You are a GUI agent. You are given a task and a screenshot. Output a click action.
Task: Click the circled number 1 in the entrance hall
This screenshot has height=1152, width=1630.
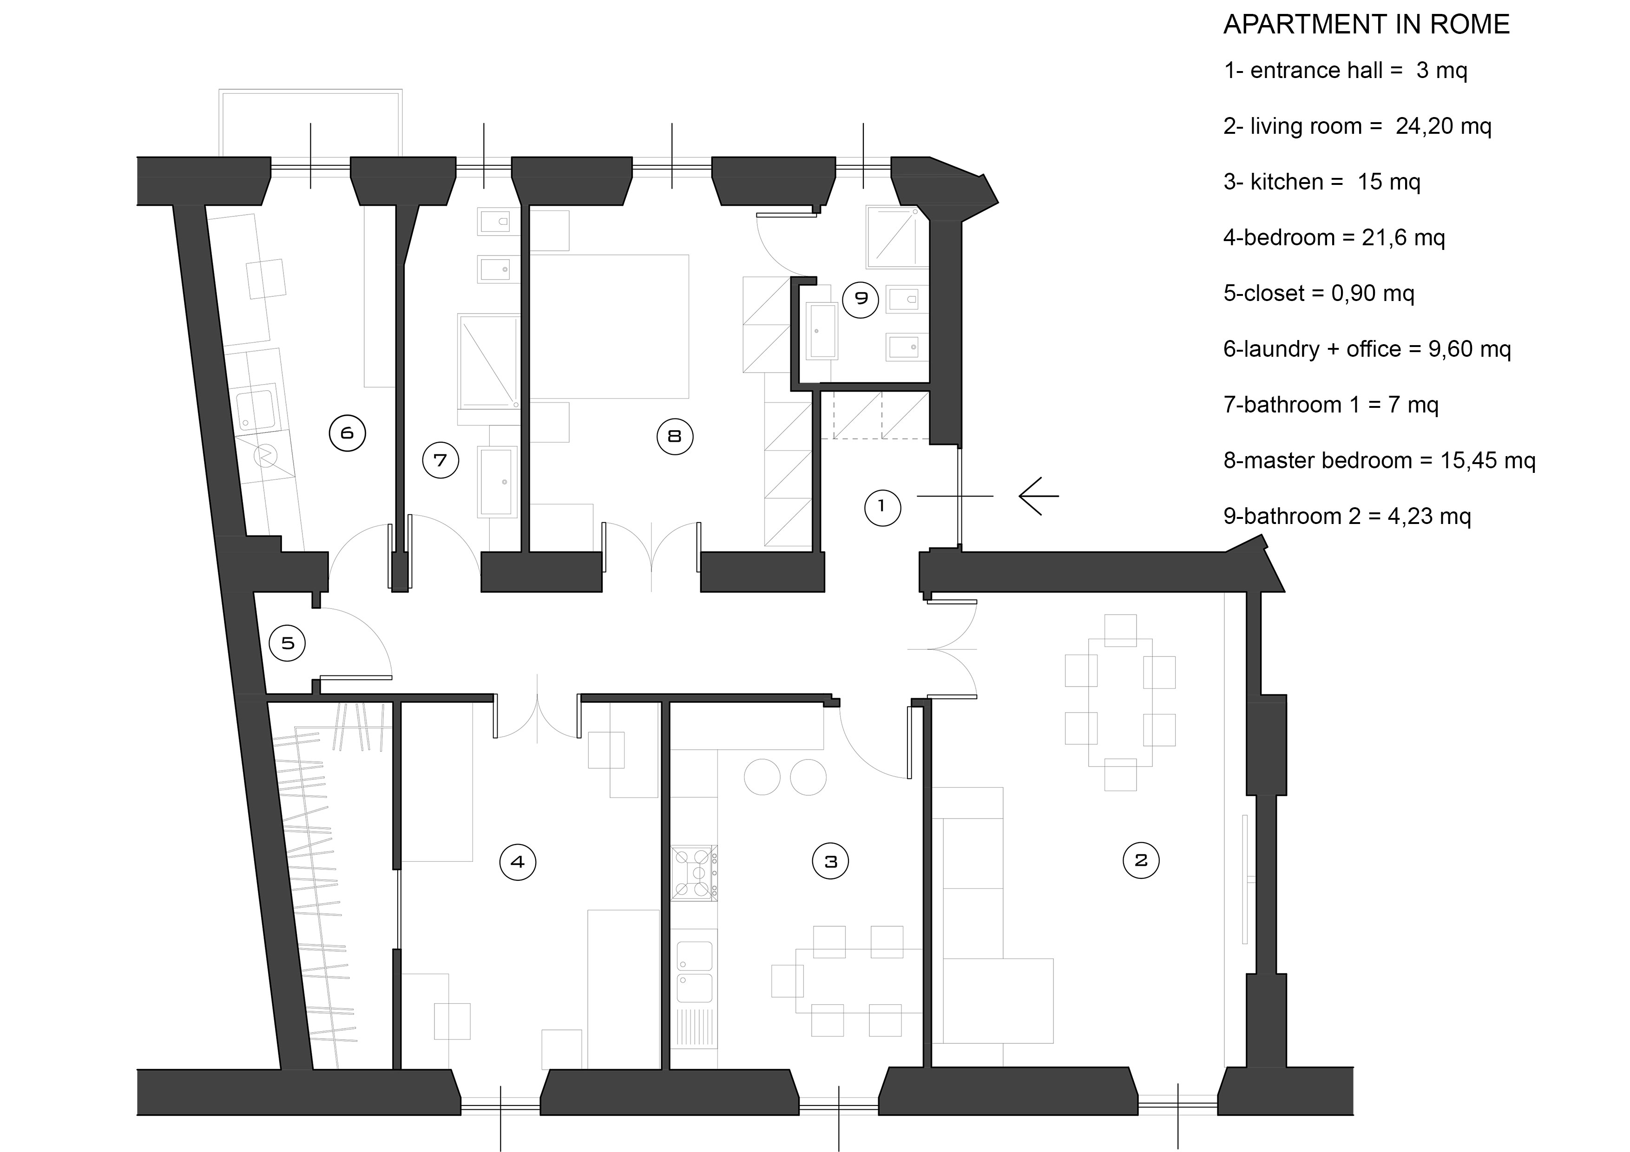coord(882,507)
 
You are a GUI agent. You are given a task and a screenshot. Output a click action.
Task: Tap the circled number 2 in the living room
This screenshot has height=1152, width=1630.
coord(1141,860)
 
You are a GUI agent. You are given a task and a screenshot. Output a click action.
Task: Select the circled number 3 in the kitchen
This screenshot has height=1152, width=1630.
coord(831,862)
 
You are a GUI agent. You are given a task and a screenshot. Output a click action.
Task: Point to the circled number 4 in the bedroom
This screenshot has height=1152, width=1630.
coord(518,862)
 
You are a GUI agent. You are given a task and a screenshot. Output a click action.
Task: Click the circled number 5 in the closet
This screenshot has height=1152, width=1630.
coord(288,643)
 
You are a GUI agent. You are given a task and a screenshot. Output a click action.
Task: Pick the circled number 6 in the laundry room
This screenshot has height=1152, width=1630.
coord(347,433)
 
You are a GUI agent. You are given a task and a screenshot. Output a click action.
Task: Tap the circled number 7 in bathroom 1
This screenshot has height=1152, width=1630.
coord(440,460)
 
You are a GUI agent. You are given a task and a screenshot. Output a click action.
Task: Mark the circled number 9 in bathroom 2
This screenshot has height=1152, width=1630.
coord(861,298)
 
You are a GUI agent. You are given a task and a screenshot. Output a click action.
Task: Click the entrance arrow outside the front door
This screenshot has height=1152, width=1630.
coord(1038,496)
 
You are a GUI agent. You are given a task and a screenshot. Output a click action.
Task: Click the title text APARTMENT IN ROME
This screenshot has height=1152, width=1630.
coord(1367,25)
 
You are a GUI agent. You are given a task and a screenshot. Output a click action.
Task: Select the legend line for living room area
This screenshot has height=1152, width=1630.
coord(1357,126)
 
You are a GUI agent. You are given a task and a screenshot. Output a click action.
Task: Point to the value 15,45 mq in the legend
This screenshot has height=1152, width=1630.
coord(1488,461)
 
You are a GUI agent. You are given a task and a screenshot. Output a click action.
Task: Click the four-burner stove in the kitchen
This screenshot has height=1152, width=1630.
coord(694,873)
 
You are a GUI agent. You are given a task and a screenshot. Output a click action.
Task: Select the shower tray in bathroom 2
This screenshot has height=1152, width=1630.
coord(897,237)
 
